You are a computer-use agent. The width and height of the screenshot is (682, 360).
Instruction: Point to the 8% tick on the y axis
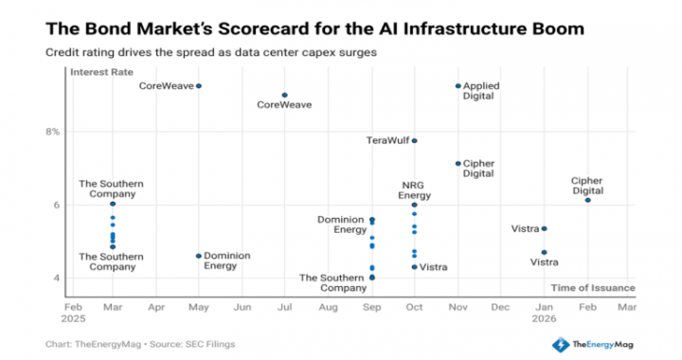pyautogui.click(x=51, y=132)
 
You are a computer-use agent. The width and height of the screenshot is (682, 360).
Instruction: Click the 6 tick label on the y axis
pyautogui.click(x=56, y=205)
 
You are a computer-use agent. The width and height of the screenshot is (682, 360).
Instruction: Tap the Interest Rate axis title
pyautogui.click(x=103, y=72)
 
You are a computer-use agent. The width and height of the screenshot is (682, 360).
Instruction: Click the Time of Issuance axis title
pyautogui.click(x=592, y=287)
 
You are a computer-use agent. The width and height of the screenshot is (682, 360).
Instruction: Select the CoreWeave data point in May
pyautogui.click(x=199, y=86)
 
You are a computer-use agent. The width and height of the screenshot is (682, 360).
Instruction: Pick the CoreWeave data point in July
pyautogui.click(x=285, y=95)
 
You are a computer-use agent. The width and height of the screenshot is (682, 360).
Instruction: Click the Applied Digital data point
pyautogui.click(x=458, y=86)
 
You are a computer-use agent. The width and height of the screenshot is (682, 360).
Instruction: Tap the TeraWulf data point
pyautogui.click(x=415, y=140)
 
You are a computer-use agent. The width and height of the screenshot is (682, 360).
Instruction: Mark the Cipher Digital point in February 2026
pyautogui.click(x=588, y=200)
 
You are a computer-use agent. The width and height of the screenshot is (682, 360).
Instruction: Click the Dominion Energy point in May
pyautogui.click(x=199, y=256)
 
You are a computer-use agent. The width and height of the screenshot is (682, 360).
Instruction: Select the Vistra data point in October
pyautogui.click(x=415, y=267)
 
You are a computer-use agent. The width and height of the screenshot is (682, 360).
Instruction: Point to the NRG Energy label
pyautogui.click(x=415, y=189)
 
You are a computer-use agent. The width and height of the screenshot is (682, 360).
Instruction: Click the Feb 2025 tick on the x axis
pyautogui.click(x=73, y=313)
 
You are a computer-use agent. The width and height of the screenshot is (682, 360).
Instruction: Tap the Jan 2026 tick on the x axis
pyautogui.click(x=544, y=313)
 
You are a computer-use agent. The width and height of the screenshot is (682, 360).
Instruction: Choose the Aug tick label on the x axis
pyautogui.click(x=328, y=307)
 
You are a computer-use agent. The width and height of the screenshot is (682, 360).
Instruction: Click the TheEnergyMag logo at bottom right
pyautogui.click(x=598, y=344)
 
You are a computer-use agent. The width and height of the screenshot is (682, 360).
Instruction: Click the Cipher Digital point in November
pyautogui.click(x=458, y=163)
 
